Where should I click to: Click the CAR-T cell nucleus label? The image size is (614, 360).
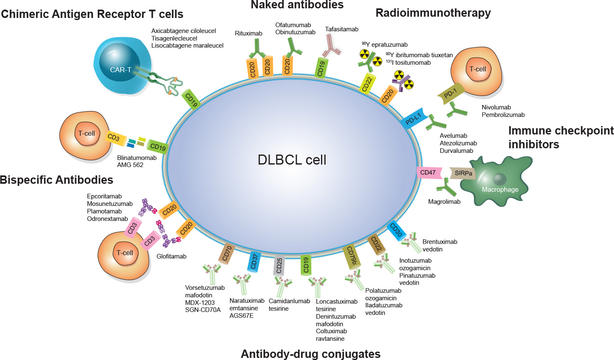(x=121, y=70)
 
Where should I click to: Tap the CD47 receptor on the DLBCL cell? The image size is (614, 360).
(x=428, y=172)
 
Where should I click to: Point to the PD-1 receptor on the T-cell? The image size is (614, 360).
(x=450, y=94)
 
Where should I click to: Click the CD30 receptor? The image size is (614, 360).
(x=395, y=230)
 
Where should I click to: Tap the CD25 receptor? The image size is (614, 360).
(x=279, y=264)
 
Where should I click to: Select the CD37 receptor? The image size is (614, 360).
(x=254, y=261)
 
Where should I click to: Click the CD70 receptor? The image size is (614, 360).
(x=227, y=253)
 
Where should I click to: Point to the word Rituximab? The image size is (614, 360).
(x=248, y=33)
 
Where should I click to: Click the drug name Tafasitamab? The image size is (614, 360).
(x=341, y=29)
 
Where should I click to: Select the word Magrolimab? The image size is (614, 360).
(x=444, y=202)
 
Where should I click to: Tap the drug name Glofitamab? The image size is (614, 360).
(x=171, y=256)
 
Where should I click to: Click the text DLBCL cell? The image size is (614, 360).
(x=292, y=160)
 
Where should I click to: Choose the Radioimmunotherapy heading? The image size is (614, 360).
(x=433, y=13)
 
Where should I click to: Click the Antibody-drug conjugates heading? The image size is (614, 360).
(x=311, y=354)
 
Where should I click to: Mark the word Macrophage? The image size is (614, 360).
(x=500, y=190)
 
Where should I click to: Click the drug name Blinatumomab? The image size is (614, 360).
(x=137, y=158)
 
